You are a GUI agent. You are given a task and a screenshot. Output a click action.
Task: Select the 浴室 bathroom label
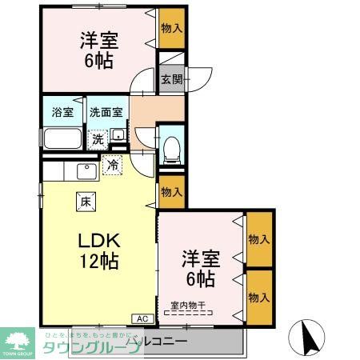pos(62,113)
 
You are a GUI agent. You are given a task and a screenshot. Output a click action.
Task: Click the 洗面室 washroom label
pos(106,113)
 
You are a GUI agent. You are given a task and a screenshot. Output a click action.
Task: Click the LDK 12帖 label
pos(97,250)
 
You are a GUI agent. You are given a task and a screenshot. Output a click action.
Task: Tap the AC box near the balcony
pos(142,319)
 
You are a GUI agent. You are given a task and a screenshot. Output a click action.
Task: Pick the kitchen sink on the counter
pos(85,170)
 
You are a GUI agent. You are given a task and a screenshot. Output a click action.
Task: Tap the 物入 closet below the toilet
pos(170,191)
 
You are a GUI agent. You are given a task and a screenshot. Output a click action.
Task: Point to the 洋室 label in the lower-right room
pos(200,258)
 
